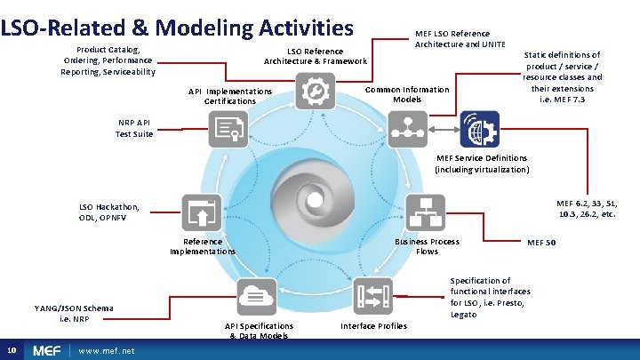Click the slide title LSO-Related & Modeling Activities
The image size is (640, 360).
click(x=177, y=26)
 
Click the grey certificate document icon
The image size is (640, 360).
click(x=228, y=129)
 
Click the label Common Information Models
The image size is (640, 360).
click(x=407, y=94)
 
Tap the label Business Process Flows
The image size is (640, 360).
click(x=428, y=246)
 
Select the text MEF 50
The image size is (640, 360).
click(x=541, y=242)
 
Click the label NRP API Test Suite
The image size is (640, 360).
click(x=134, y=129)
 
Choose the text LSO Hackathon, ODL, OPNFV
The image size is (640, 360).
click(x=109, y=212)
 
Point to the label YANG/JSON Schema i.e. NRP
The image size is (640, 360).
click(x=75, y=313)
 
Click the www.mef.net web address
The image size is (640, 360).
click(x=107, y=351)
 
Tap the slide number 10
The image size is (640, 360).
click(x=9, y=350)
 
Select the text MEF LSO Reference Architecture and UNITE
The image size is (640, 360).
click(x=460, y=39)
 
